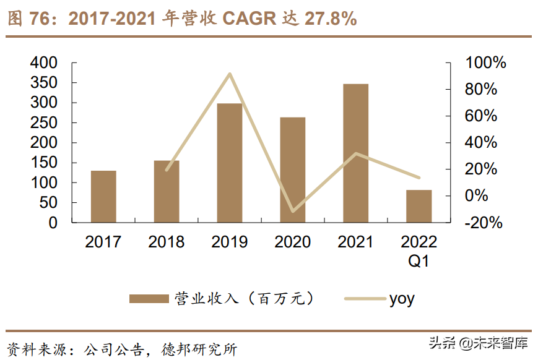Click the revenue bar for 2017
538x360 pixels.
tap(103, 196)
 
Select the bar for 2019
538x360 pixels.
tap(230, 163)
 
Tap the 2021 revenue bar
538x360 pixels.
tap(356, 153)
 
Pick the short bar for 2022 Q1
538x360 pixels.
tap(419, 206)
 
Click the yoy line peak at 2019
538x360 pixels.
tap(230, 74)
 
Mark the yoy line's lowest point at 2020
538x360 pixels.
tap(293, 212)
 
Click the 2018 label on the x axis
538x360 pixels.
tap(167, 242)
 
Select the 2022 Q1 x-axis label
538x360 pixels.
tap(419, 251)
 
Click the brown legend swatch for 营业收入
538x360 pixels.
tap(149, 299)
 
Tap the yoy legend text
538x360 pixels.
tap(402, 299)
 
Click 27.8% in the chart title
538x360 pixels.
tap(331, 19)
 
